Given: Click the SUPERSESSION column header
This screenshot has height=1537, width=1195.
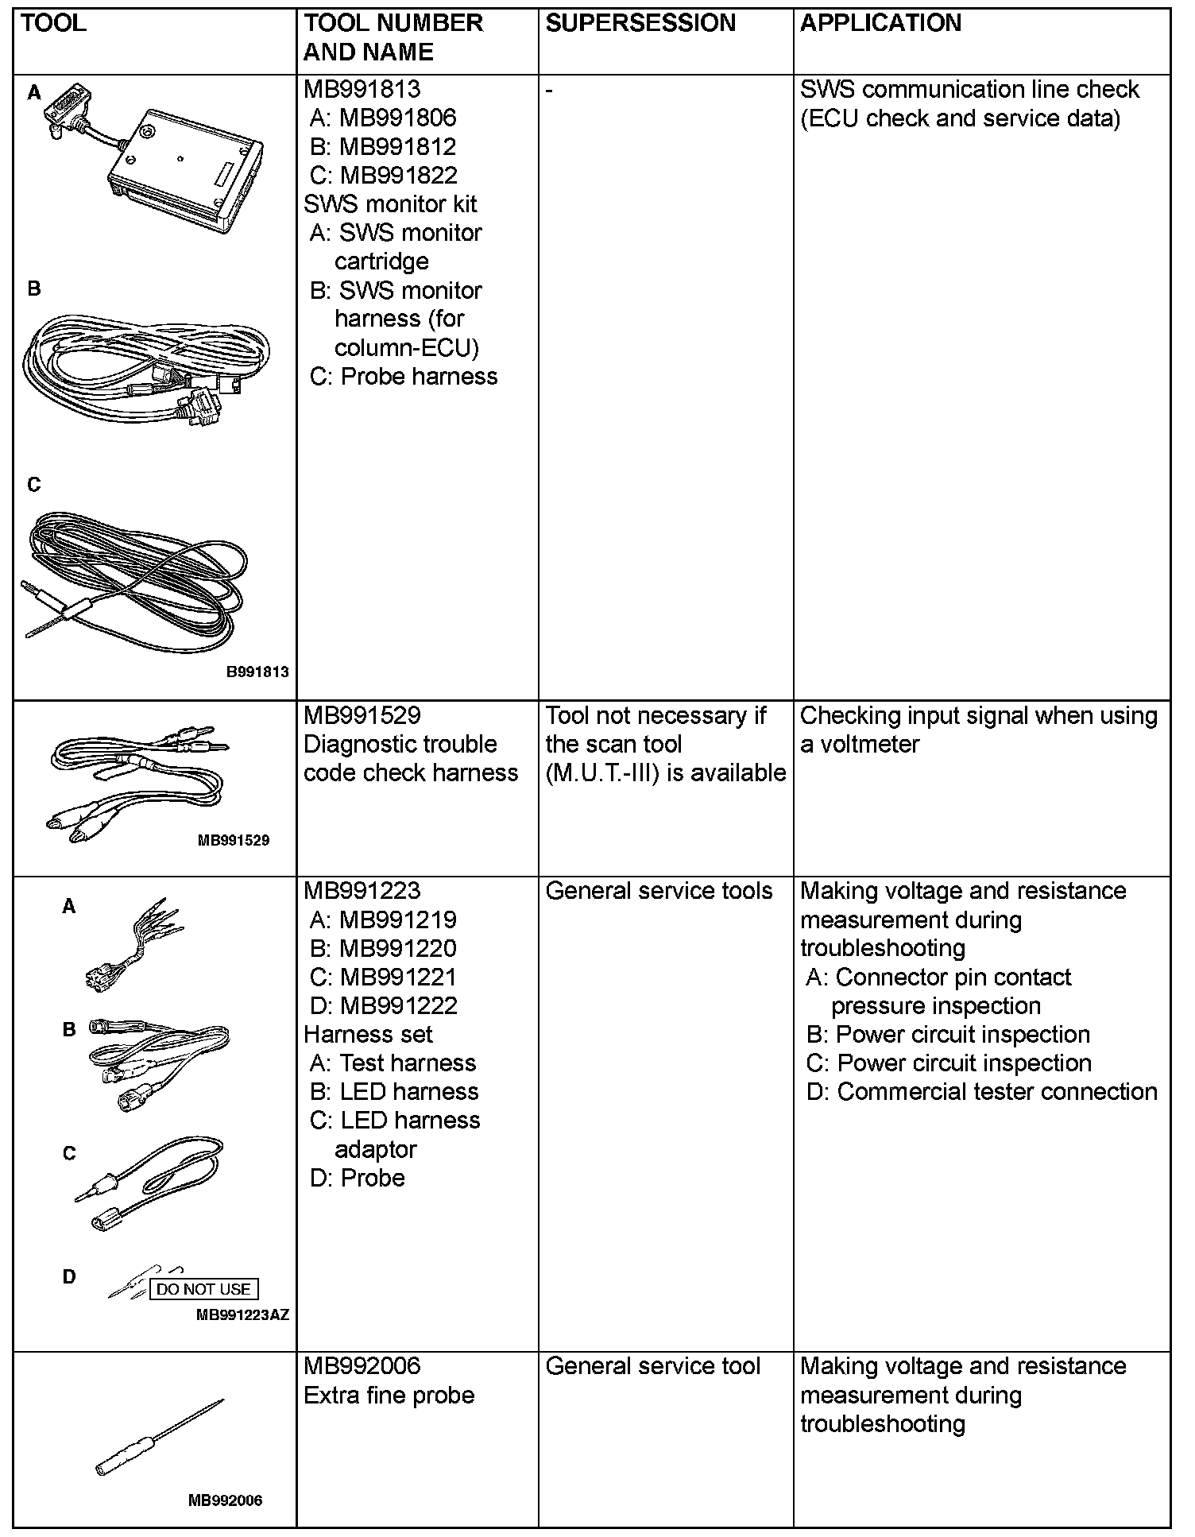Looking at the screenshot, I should (640, 23).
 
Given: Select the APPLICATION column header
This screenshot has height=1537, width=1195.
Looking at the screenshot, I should (880, 23).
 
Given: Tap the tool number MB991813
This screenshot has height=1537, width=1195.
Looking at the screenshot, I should (362, 90).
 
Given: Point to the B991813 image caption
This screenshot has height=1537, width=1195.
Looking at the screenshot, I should (257, 672).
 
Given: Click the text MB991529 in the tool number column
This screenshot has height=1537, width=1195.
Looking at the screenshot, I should (362, 715).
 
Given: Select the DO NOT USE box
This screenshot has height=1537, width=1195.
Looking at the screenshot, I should (204, 1289).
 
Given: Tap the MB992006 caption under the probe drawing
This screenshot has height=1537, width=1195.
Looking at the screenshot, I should (225, 1500).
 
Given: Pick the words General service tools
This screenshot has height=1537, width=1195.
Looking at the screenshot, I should (659, 891).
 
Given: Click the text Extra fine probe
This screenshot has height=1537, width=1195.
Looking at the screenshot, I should (389, 1396).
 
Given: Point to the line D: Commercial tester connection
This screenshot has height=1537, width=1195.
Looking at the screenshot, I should (981, 1092).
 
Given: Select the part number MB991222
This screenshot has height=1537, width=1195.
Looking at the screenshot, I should (398, 1006).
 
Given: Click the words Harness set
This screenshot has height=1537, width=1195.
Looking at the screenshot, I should (368, 1035).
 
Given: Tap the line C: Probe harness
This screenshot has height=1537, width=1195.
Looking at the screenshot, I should (404, 376).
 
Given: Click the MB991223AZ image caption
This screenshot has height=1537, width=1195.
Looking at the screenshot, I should (242, 1315).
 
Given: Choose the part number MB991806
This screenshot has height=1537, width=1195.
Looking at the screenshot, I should (397, 118).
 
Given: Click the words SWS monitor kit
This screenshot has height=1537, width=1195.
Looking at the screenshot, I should (389, 204).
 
